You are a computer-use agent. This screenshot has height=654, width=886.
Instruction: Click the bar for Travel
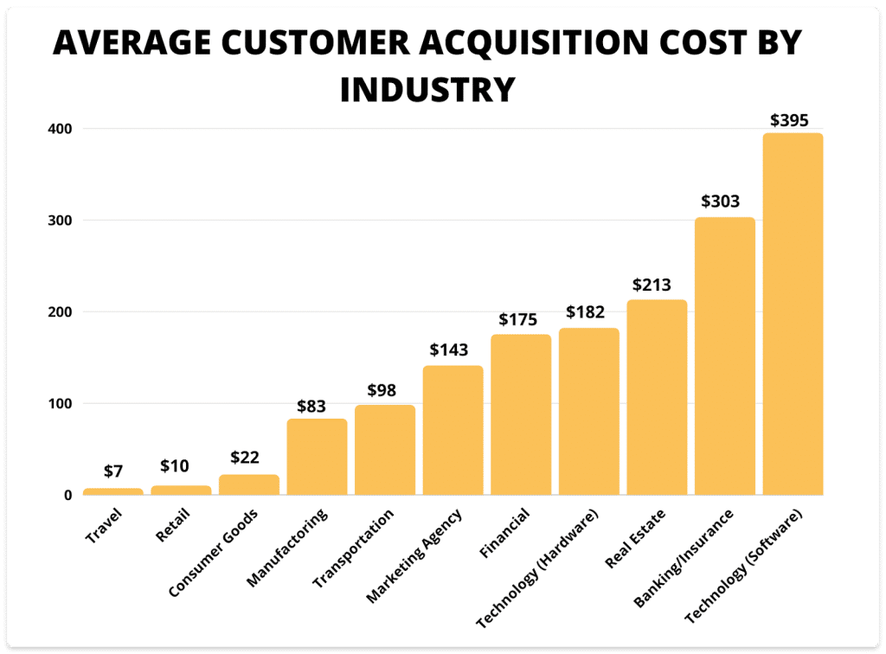tap(113, 491)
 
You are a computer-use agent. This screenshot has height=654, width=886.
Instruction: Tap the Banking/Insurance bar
tap(725, 356)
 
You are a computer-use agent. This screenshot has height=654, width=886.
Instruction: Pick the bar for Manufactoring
tap(317, 457)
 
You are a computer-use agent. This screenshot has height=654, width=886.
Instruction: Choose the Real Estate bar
tap(657, 397)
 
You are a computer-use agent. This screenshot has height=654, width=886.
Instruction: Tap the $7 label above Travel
tap(113, 471)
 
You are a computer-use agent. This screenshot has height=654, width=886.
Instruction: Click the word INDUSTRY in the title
tap(427, 88)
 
